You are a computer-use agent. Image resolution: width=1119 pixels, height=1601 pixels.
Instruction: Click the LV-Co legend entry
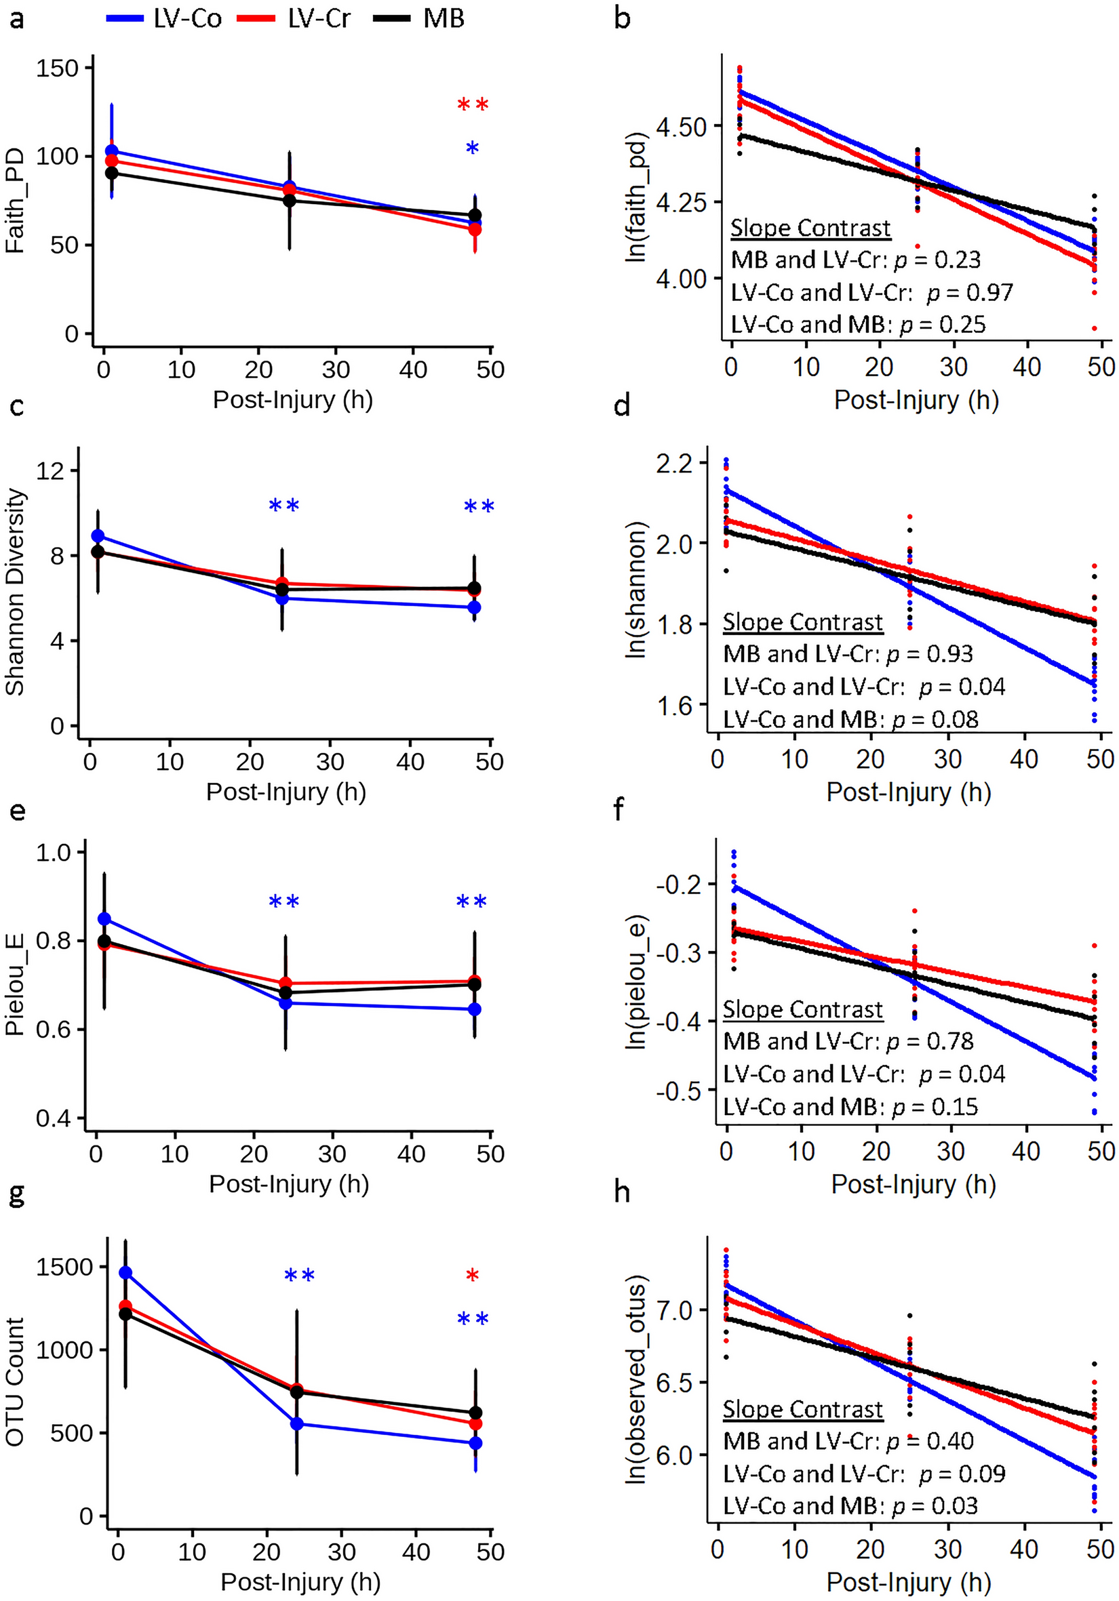click(x=165, y=19)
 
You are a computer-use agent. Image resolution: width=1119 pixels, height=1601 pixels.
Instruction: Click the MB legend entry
click(x=419, y=19)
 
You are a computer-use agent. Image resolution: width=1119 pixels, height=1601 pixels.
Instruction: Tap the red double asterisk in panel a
click(x=472, y=105)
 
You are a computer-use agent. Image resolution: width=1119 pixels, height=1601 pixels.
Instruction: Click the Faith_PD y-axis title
click(x=15, y=201)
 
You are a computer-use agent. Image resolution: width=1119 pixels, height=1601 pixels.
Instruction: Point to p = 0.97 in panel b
click(x=970, y=293)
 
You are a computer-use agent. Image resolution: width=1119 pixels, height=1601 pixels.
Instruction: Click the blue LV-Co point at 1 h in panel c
click(x=98, y=535)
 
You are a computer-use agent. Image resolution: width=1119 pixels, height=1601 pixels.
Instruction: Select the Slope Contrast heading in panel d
click(x=802, y=622)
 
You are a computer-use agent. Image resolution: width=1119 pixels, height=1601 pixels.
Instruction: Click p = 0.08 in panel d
click(x=935, y=719)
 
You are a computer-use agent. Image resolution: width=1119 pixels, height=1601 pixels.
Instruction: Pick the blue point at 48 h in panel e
click(x=475, y=1009)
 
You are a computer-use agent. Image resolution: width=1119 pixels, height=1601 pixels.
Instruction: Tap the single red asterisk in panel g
click(x=472, y=1276)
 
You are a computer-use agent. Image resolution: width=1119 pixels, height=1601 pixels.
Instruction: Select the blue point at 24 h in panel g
click(x=296, y=1423)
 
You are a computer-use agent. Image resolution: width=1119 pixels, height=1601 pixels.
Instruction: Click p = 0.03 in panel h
click(x=935, y=1505)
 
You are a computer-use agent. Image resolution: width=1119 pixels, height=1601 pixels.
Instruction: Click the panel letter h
click(x=622, y=1193)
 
